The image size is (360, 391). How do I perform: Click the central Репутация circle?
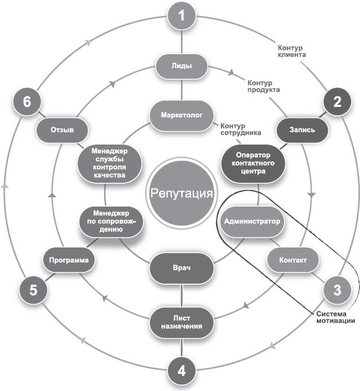click(x=182, y=194)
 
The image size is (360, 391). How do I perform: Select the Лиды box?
click(x=182, y=66)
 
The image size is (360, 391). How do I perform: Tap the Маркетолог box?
click(x=182, y=115)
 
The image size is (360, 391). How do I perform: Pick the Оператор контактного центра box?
click(x=253, y=163)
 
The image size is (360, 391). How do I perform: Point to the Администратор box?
click(x=253, y=221)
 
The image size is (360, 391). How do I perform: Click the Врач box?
click(x=182, y=268)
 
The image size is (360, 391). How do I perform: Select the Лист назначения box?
click(x=182, y=321)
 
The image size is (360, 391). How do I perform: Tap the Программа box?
click(x=66, y=260)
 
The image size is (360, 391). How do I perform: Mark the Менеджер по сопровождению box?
click(x=111, y=221)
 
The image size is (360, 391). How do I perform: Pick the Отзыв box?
click(x=62, y=130)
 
